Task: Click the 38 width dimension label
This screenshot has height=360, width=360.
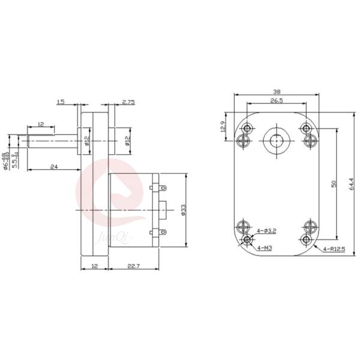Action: coord(276,92)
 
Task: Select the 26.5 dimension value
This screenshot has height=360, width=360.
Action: coord(276,101)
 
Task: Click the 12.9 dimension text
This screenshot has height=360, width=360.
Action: coord(223,127)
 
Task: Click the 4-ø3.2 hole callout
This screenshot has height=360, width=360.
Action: coord(266,230)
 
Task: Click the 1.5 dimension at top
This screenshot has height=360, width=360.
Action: coord(61,103)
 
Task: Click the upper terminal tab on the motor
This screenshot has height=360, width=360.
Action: coord(161,187)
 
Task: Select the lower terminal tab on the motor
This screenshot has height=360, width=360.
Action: coord(161,232)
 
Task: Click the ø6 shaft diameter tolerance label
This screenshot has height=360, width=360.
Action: coord(7,153)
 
